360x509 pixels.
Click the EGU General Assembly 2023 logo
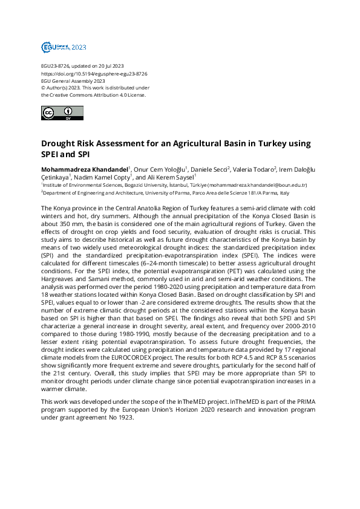click(x=63, y=47)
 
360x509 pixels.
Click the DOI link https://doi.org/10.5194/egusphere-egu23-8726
click(x=94, y=73)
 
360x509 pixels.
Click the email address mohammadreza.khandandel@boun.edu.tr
click(x=257, y=185)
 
